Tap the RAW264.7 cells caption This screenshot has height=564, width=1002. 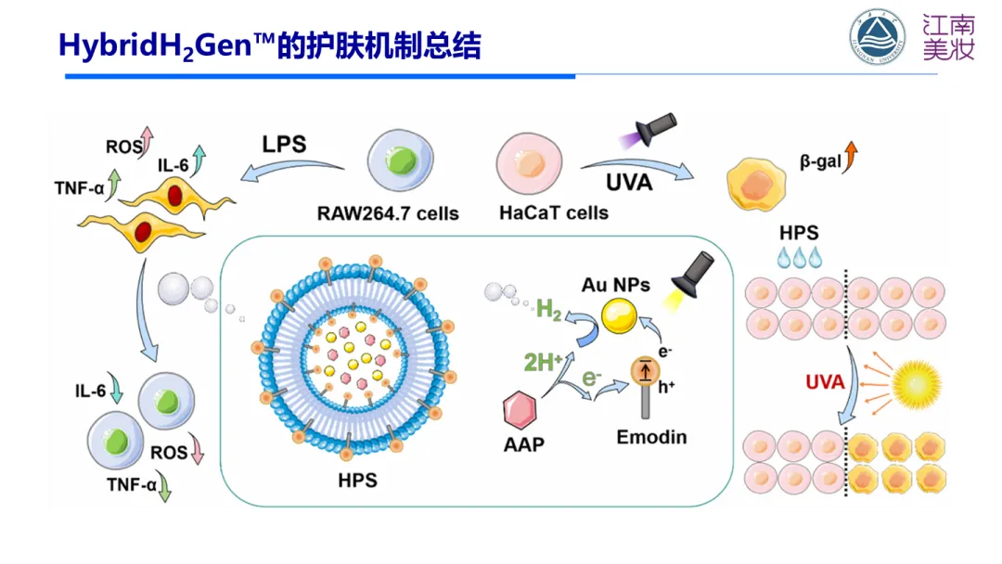[389, 213]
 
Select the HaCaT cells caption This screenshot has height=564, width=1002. [554, 212]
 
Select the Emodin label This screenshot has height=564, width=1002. [651, 436]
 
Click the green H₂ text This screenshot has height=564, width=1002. [549, 312]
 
